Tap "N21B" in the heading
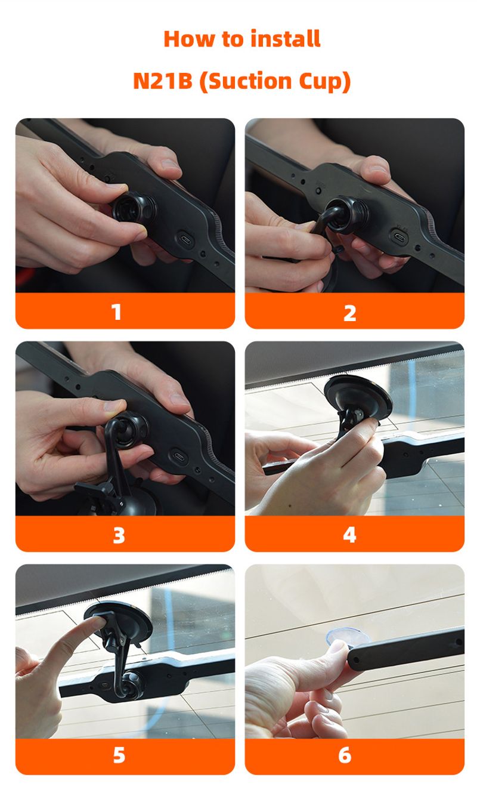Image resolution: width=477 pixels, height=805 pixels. click(x=163, y=81)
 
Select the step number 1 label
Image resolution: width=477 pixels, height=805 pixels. click(x=116, y=311)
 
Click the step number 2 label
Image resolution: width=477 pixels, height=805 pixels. click(x=350, y=313)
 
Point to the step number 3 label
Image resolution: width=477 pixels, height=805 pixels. click(x=119, y=535)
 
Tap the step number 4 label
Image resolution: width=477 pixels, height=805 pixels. click(x=349, y=535)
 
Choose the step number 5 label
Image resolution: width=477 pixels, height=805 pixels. click(x=119, y=755)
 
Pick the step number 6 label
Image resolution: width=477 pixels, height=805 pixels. click(x=345, y=755)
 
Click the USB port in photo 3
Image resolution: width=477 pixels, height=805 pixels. click(x=178, y=456)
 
